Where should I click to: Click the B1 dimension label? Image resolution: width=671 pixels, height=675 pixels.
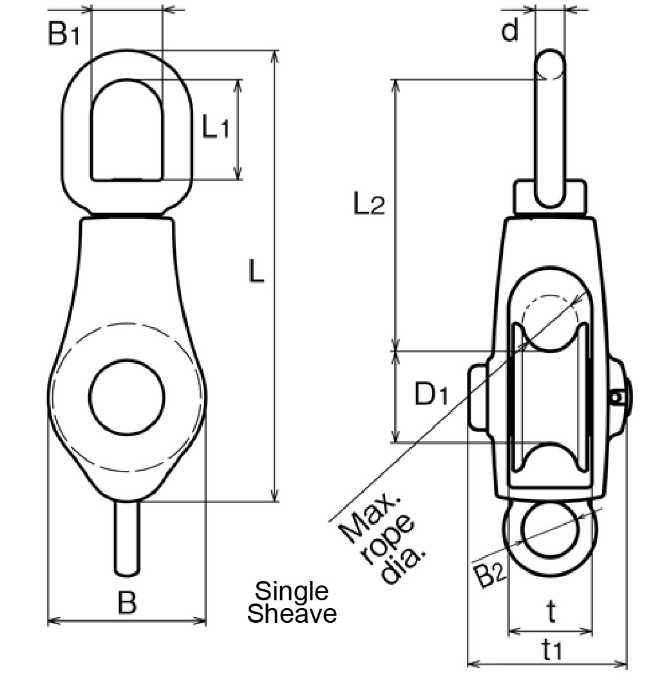point(64,34)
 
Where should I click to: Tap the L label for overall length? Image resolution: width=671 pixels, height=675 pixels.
point(256,273)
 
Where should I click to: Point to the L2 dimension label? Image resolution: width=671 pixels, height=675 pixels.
point(369,205)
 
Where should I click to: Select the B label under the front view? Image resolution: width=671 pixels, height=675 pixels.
point(128,604)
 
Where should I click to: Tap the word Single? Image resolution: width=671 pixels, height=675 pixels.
point(292,591)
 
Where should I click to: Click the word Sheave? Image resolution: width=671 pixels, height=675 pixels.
point(292,614)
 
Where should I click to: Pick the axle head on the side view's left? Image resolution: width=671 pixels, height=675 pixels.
point(476,395)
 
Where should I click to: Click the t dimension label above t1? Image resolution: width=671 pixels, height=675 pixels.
point(551,613)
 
